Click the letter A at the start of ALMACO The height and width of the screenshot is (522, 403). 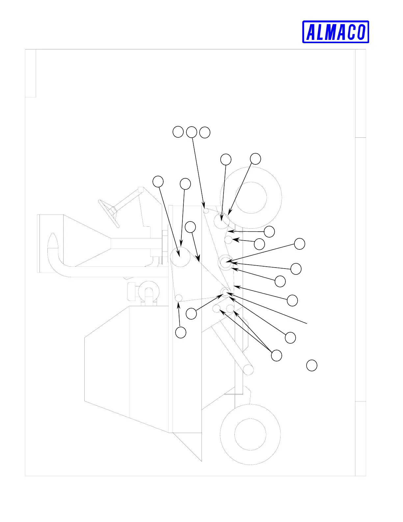311,32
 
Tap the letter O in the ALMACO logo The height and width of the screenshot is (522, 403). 361,32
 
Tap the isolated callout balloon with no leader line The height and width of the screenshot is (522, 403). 312,365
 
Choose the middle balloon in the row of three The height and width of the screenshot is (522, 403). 192,132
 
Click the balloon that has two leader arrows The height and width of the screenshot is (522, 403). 277,356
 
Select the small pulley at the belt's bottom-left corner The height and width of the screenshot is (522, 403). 178,298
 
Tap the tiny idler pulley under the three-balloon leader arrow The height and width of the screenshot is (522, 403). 206,210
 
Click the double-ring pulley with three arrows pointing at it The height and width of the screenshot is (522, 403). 225,262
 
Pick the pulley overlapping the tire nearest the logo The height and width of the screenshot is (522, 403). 221,221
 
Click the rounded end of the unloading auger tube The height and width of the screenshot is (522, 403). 249,370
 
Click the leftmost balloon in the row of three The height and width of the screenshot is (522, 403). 178,131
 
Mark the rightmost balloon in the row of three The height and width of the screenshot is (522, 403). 205,132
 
